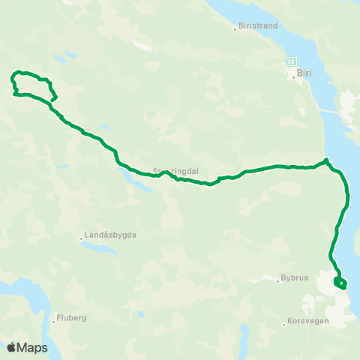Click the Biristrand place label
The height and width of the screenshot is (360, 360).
click(259, 25)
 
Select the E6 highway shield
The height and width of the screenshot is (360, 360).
click(290, 60)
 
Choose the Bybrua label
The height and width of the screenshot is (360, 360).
click(293, 278)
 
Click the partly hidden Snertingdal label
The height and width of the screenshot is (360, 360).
click(175, 171)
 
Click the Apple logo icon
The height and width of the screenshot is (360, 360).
click(11, 347)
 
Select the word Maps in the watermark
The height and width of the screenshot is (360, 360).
click(33, 347)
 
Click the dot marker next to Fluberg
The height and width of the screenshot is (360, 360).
click(54, 322)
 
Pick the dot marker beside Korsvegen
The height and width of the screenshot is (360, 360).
click(285, 324)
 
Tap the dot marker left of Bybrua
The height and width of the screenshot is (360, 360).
click(277, 280)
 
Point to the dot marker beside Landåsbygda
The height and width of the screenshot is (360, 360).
click(81, 239)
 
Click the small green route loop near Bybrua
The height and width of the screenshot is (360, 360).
click(340, 283)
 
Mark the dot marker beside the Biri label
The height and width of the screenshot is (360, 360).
click(293, 76)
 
